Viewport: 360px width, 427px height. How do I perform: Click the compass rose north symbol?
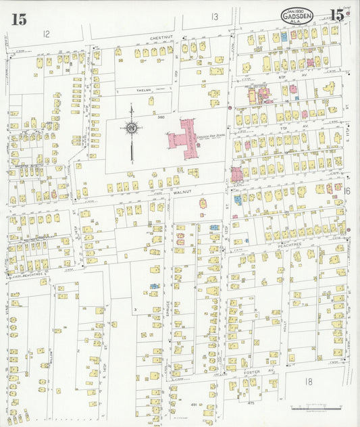[x=132, y=127]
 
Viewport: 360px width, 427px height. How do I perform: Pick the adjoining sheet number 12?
[x=46, y=33]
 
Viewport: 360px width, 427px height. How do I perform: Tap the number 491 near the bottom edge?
[x=192, y=405]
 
